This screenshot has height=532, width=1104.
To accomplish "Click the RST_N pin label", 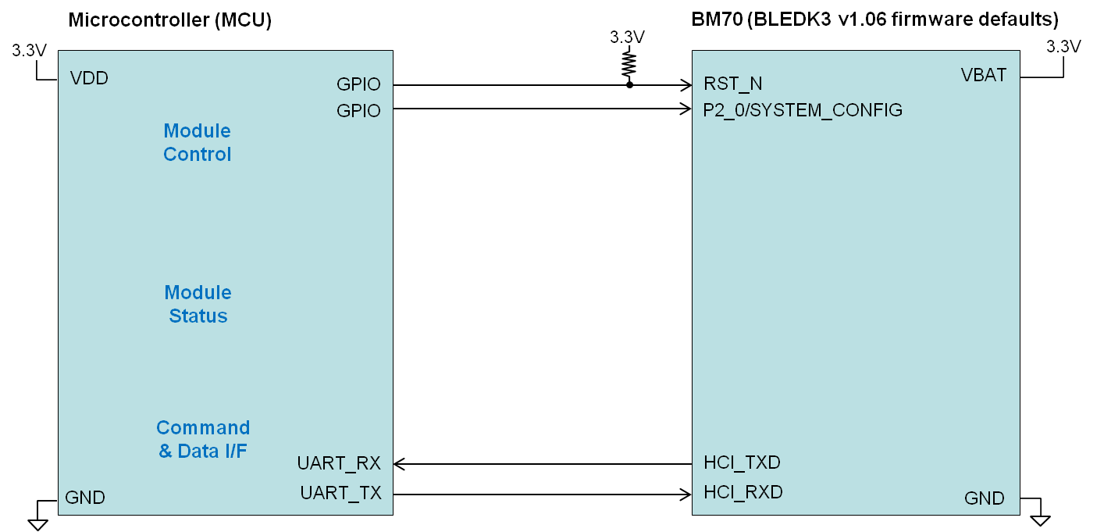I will coord(732,84).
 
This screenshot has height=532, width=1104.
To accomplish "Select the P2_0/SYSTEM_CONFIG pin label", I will coord(803,110).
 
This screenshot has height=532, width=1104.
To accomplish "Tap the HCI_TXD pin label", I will coord(742,462).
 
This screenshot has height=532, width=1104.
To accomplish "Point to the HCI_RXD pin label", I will coord(743,492).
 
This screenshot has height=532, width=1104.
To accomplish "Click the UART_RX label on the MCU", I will coord(339,463).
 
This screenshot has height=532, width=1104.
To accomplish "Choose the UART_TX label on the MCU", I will coord(340,493).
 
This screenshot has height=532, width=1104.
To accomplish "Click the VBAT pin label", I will coord(983,75).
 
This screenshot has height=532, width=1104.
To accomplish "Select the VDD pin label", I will coord(89,78).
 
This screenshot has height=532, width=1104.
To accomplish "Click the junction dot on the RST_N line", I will coord(629,84).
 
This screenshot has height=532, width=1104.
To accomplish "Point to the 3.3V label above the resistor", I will coord(627,37).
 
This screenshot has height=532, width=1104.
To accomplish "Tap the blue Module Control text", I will coord(197,142).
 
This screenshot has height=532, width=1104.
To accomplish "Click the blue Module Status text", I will coord(198,304).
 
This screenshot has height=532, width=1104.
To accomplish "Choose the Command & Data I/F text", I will coord(203,439).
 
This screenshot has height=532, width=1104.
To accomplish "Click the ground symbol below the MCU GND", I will coord(37,522).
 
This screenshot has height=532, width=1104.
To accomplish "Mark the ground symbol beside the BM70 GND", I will coord(1040,519).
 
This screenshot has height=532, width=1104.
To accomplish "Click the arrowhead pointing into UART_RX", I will coord(398,464).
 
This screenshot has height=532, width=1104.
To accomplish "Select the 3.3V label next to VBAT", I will coord(1063,47).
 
